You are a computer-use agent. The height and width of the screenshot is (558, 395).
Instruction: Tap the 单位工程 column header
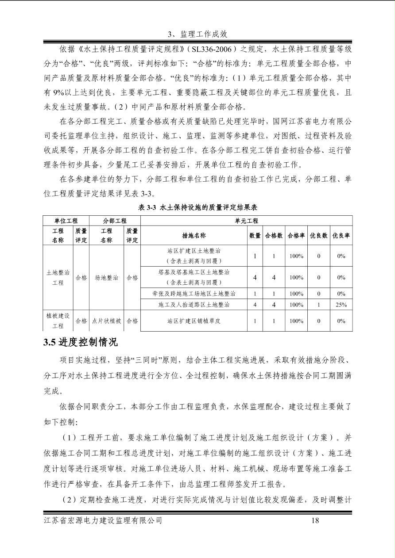tap(66, 221)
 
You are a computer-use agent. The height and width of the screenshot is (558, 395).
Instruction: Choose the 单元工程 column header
tap(246, 221)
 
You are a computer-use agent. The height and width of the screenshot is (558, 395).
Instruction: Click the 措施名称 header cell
tap(194, 236)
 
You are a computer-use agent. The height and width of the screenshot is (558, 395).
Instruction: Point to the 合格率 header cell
tap(296, 236)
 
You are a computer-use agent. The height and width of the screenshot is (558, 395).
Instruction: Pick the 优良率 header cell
tap(341, 236)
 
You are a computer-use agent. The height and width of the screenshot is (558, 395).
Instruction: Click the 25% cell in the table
tap(341, 305)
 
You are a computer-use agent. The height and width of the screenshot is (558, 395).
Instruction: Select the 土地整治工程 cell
tap(58, 278)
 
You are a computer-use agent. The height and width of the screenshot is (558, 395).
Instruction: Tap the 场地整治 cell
tap(106, 278)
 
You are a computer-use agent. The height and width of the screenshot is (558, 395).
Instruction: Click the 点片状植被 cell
tap(106, 321)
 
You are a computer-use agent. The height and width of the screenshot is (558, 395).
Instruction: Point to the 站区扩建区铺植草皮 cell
tap(194, 321)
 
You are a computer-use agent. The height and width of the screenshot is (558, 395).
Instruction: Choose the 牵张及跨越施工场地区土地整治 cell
tap(194, 294)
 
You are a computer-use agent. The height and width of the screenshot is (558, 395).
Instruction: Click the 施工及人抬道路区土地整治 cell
tap(194, 305)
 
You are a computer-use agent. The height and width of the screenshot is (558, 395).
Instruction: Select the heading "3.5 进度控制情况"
tap(81, 342)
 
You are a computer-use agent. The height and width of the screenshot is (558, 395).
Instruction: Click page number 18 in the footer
tap(315, 520)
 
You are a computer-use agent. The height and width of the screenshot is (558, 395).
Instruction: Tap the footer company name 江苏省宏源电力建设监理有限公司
tap(103, 520)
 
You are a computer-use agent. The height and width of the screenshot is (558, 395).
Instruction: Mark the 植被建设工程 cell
tap(58, 321)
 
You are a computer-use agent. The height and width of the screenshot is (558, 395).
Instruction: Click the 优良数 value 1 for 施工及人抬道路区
tap(318, 305)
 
